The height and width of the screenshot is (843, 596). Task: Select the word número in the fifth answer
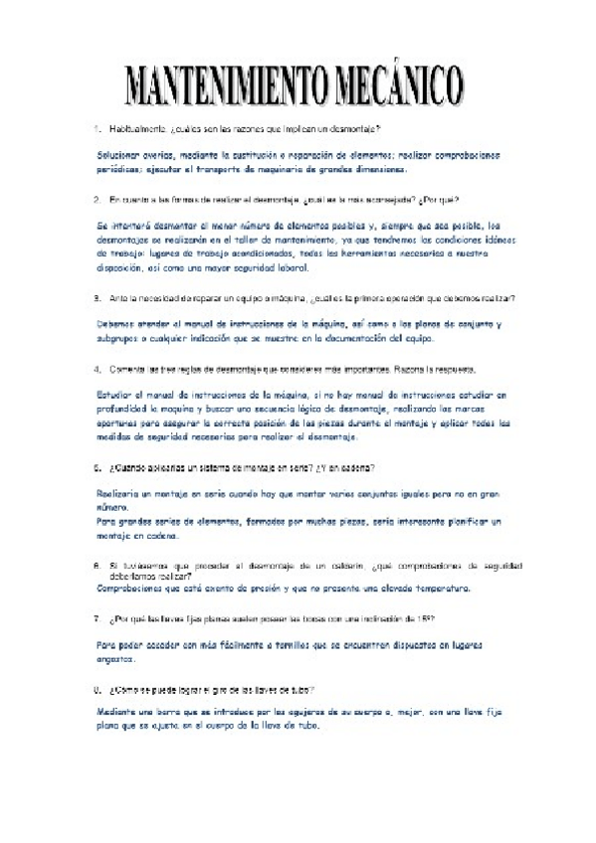pyautogui.click(x=113, y=506)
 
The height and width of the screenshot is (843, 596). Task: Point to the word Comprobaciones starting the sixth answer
pyautogui.click(x=135, y=589)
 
